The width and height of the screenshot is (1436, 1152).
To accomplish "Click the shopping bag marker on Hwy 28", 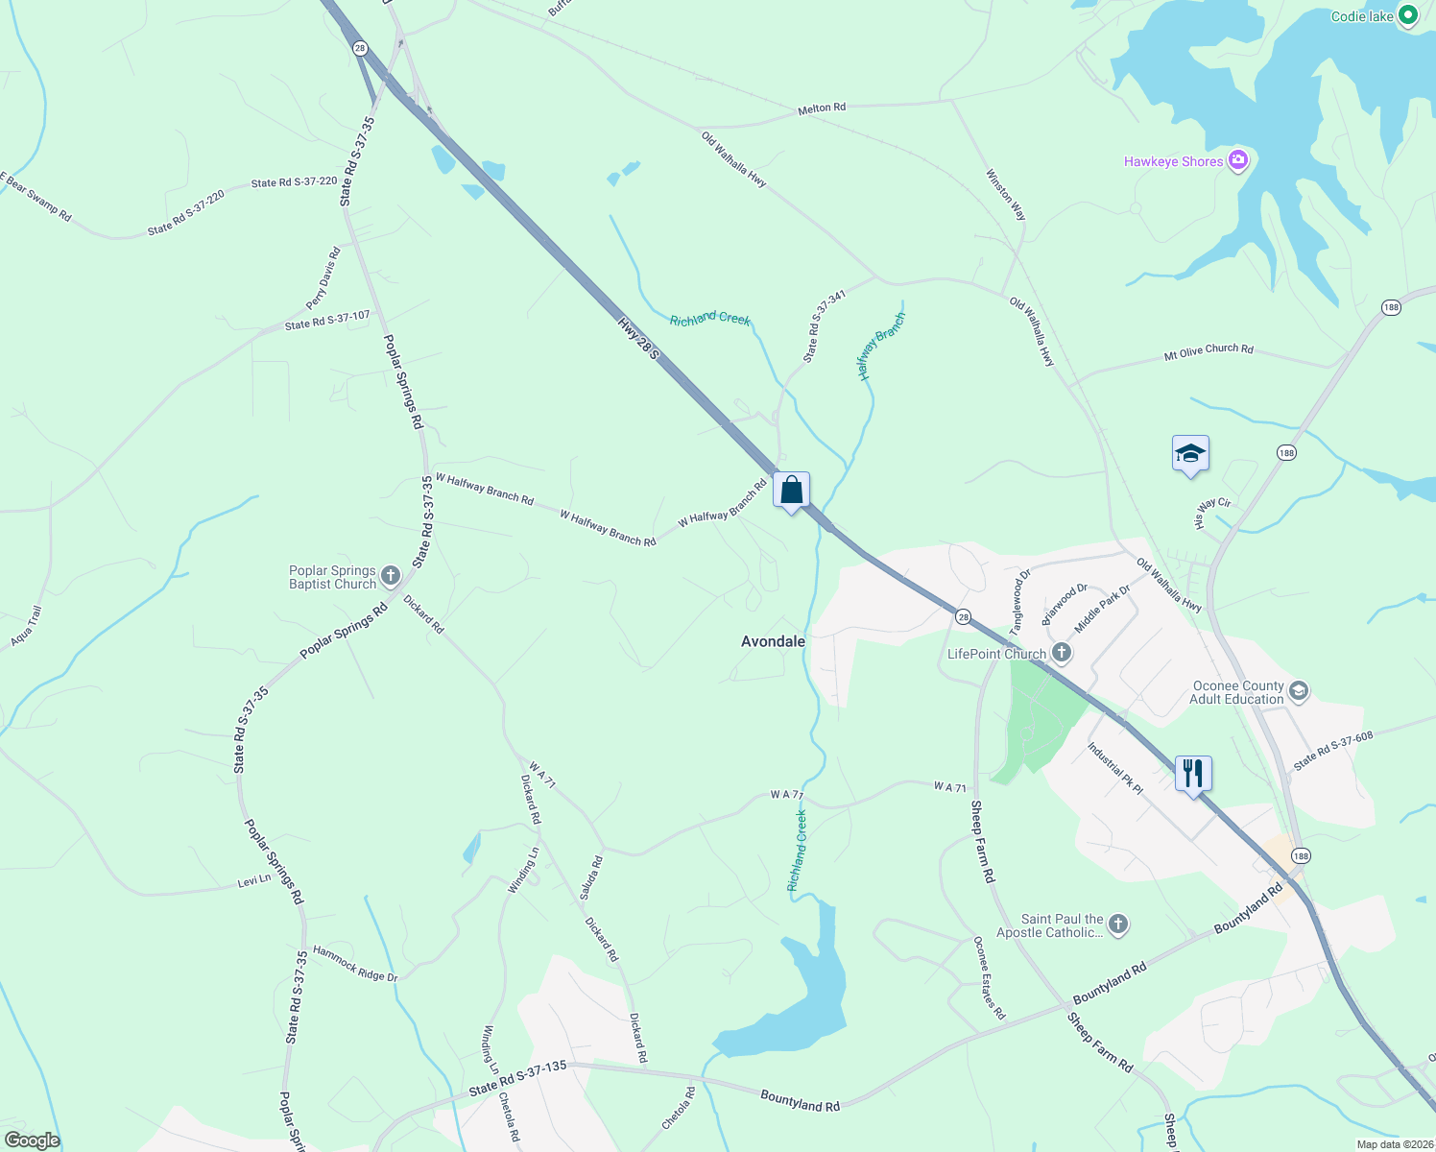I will click(x=791, y=491).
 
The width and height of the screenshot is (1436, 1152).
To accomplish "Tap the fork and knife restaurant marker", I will click(x=1192, y=773).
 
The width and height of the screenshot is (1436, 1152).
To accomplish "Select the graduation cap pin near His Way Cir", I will click(x=1189, y=454).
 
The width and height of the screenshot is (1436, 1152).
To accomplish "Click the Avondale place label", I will click(x=773, y=641).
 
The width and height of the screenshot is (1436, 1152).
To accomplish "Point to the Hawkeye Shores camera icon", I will click(x=1238, y=160).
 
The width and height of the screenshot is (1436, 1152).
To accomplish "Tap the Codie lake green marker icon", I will click(x=1408, y=15).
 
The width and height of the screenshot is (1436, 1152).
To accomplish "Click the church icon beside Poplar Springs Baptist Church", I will click(x=390, y=576).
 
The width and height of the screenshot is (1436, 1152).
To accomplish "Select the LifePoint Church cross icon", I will click(x=1061, y=653).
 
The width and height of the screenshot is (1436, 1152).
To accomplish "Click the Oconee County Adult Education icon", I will click(x=1299, y=691).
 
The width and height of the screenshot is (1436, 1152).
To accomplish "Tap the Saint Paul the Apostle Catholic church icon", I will click(x=1117, y=924).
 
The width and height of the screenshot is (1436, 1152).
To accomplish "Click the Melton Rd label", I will click(x=822, y=108).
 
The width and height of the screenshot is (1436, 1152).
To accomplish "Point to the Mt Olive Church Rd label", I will click(x=1209, y=351).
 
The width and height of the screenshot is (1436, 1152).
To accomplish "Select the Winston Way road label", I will click(x=1005, y=195).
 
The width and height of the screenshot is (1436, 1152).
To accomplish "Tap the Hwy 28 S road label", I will click(x=638, y=339).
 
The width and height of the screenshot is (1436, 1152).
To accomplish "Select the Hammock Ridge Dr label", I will click(x=354, y=963).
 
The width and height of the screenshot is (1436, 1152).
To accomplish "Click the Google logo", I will click(x=32, y=1140).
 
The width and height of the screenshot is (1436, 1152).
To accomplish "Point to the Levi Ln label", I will click(x=254, y=879).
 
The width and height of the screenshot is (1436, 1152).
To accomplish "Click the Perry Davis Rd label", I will click(x=323, y=278).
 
